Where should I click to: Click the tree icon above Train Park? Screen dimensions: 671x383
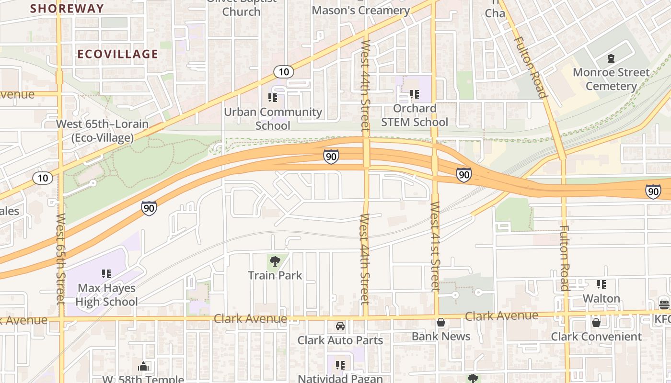275,261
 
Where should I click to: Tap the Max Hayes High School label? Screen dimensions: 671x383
106,295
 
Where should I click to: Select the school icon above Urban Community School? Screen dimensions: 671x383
273,98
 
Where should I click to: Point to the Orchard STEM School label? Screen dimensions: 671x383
415,115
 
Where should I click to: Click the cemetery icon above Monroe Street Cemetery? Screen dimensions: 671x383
611,58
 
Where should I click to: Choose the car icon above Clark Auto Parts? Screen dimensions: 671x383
340,326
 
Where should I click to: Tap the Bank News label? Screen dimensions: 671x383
441,337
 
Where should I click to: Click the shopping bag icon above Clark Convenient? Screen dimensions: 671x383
596,323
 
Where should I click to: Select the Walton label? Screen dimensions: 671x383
602,298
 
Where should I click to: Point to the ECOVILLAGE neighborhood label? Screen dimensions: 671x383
117,54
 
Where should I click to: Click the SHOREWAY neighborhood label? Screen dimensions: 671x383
67,8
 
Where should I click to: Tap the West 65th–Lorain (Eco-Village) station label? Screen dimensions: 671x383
102,131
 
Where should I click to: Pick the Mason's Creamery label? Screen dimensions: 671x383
361,10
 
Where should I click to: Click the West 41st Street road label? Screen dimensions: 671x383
435,247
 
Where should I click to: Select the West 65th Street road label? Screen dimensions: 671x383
60,259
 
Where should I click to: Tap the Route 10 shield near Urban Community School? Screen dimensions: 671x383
284,72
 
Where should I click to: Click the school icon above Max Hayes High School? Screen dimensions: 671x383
106,274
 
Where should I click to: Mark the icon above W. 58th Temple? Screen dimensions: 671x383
143,366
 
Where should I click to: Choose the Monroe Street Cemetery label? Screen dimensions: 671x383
611,79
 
